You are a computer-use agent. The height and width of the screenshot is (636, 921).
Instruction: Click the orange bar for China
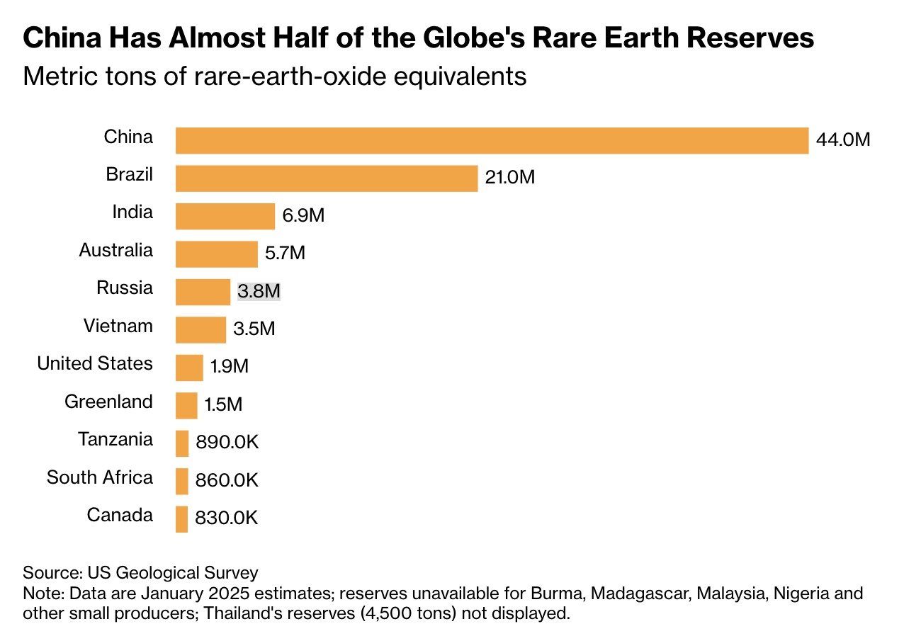pos(492,140)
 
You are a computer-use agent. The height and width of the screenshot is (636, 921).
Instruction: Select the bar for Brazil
pos(327,178)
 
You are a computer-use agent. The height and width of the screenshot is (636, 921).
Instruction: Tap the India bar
pos(225,216)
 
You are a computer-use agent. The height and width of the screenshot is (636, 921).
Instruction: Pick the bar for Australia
pos(216,254)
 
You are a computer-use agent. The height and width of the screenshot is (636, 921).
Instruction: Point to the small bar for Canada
pos(181,518)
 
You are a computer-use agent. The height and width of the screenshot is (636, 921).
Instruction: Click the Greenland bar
pos(186,405)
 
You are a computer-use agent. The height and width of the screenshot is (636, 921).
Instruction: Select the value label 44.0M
pos(843,140)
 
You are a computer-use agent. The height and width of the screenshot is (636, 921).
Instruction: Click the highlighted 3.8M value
pos(259,291)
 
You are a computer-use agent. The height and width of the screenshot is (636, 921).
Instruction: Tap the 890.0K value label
pos(227,443)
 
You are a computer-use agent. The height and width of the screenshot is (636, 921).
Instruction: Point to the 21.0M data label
pos(509,178)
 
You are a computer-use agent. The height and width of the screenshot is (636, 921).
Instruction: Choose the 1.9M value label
pos(230,367)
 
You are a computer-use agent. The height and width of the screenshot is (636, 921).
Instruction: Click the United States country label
pos(95,363)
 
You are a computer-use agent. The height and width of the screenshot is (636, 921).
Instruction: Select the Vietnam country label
pos(118,326)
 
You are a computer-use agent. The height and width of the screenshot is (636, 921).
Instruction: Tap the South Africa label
pos(100,477)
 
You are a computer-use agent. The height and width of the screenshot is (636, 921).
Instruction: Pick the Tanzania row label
pos(115,439)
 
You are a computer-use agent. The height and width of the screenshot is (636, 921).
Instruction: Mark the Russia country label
pos(125,288)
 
